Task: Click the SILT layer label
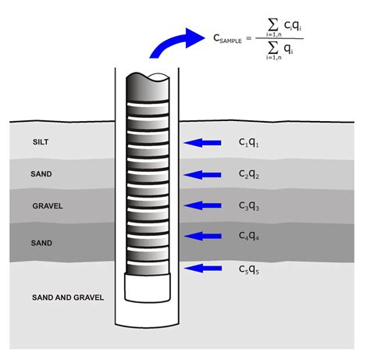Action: point(41,142)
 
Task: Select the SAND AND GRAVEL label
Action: point(68,298)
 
